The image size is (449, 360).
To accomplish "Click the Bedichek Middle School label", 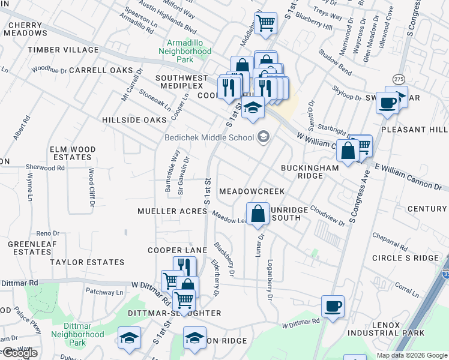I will coord(209,137).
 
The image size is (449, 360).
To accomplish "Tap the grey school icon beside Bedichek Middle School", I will coord(262,137).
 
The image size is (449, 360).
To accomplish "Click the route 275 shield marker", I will coord(399,79).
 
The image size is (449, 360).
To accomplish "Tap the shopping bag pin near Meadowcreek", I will coord(258,214).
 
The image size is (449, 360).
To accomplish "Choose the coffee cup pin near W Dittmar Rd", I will coord(333,307).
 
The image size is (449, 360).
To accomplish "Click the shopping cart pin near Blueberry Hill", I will coord(265,23).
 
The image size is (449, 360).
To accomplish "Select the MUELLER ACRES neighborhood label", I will coord(172,212).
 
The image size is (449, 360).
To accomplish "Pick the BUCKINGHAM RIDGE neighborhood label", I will coord(310,173).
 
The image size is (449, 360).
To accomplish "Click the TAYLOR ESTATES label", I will coord(87,262).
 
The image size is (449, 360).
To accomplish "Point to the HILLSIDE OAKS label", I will coord(133,120).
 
